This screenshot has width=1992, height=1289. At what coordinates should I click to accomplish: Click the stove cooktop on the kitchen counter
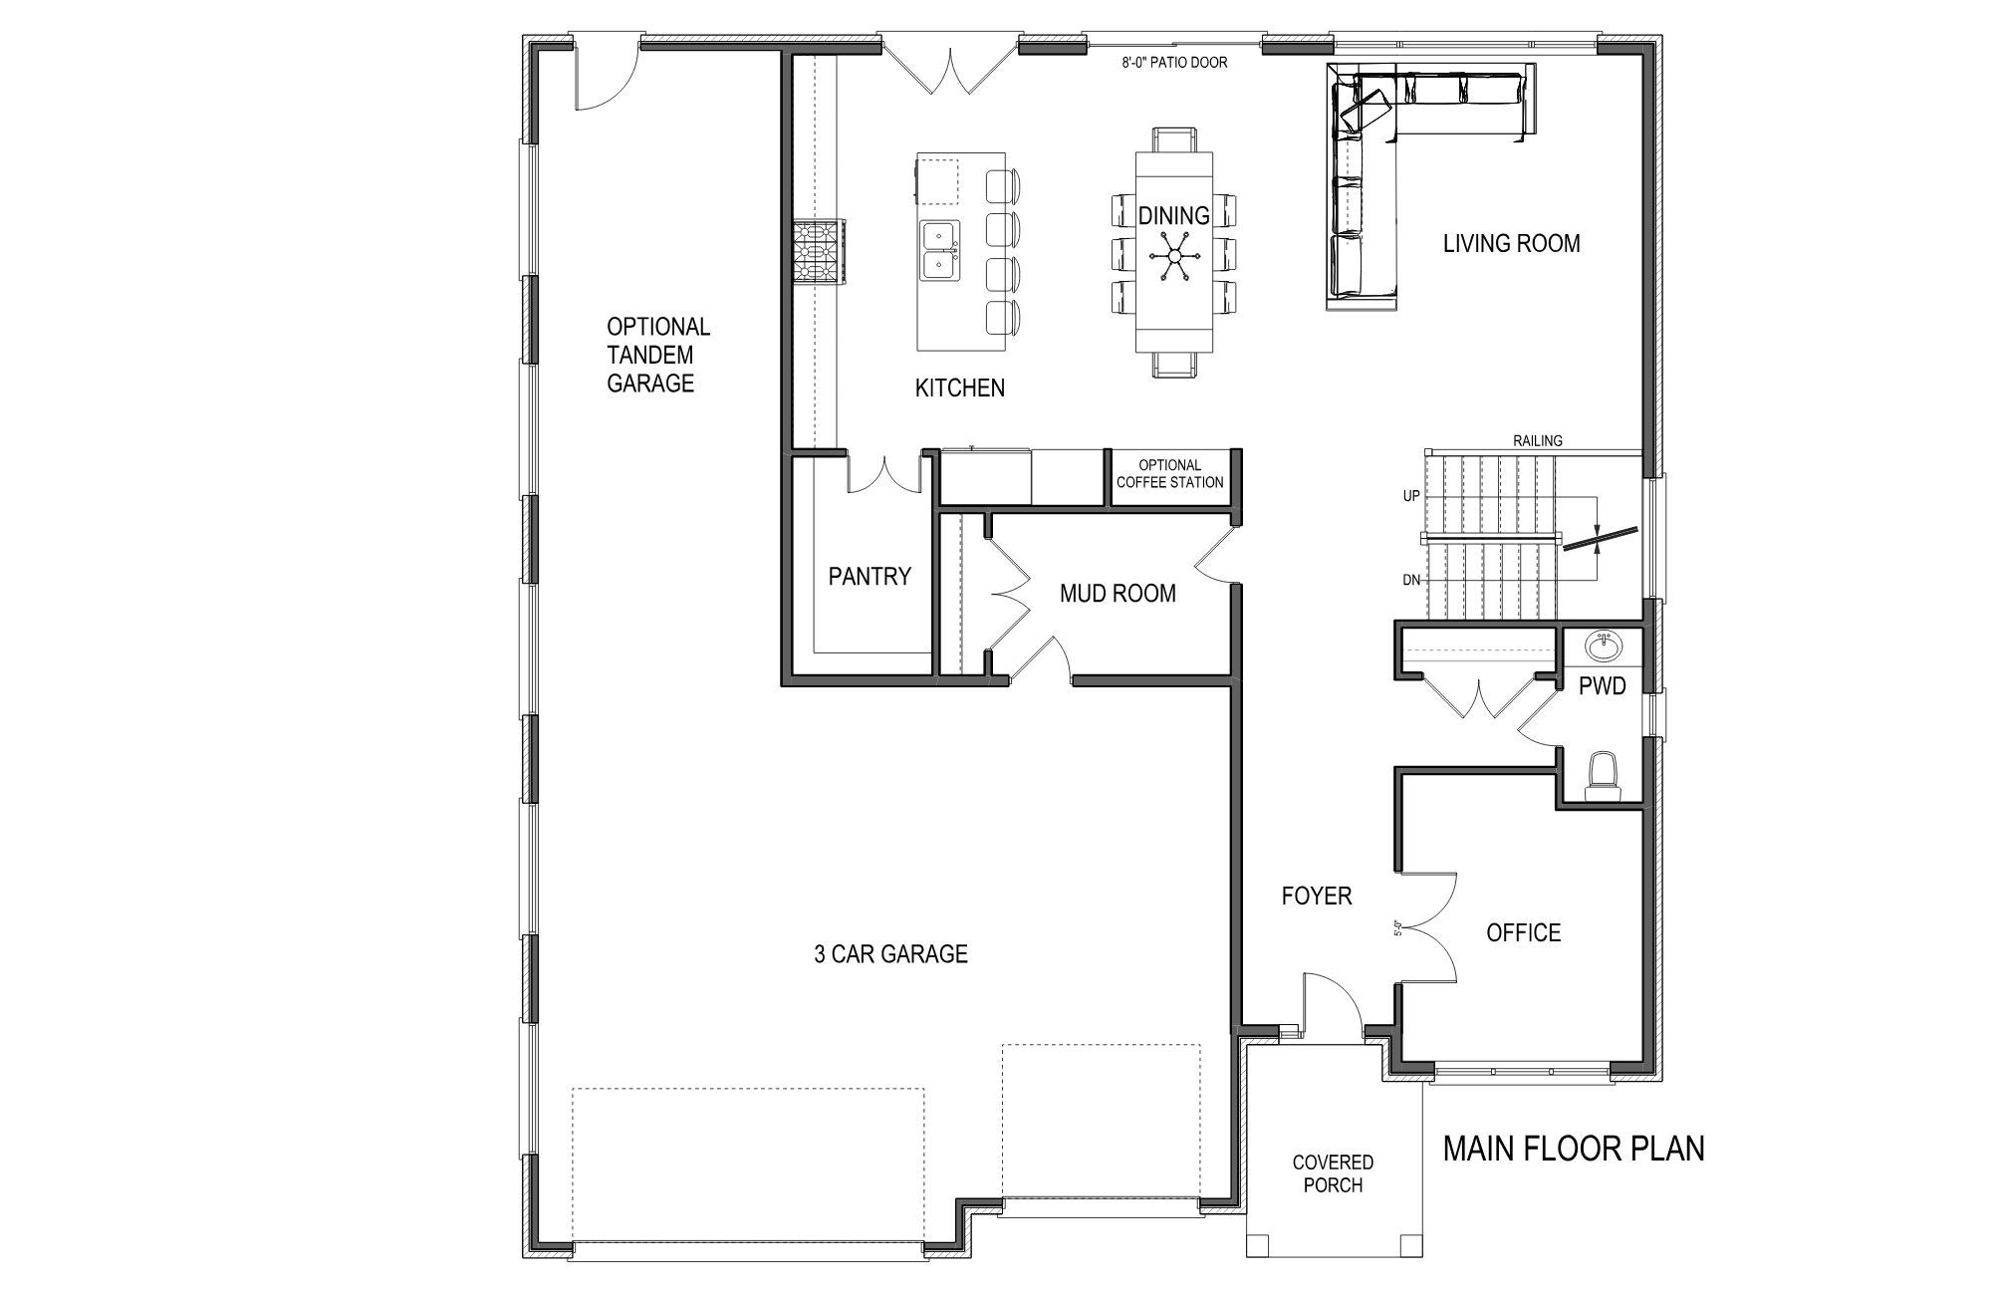tap(820, 252)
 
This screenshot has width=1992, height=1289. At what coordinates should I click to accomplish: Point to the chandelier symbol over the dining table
tap(1174, 257)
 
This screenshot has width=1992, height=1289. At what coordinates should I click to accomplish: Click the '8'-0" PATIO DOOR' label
tap(1174, 63)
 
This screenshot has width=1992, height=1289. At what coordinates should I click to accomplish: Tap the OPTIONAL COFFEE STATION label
tap(1170, 473)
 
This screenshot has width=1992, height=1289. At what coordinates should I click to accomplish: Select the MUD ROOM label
tap(1118, 594)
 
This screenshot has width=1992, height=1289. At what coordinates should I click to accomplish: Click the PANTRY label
tap(870, 576)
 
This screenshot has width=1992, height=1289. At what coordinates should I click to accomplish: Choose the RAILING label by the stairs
tap(1538, 440)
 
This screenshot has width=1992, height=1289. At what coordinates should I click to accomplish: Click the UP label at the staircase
tap(1411, 496)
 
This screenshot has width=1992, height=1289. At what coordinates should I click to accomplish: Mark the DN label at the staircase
tap(1411, 580)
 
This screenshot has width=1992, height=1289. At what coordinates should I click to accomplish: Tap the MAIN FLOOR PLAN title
tap(1574, 1149)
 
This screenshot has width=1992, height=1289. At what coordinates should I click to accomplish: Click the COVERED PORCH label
tap(1333, 1173)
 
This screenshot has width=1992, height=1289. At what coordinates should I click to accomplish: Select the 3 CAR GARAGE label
tap(890, 954)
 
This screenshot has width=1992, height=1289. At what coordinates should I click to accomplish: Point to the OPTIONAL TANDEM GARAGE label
tap(657, 355)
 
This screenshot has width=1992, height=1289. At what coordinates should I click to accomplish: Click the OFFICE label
tap(1523, 932)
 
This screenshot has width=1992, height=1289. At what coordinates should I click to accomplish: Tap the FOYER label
tap(1317, 896)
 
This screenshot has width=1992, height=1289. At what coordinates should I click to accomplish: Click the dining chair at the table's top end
tap(1174, 138)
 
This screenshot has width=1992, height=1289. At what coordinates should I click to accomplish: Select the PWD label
tap(1603, 685)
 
